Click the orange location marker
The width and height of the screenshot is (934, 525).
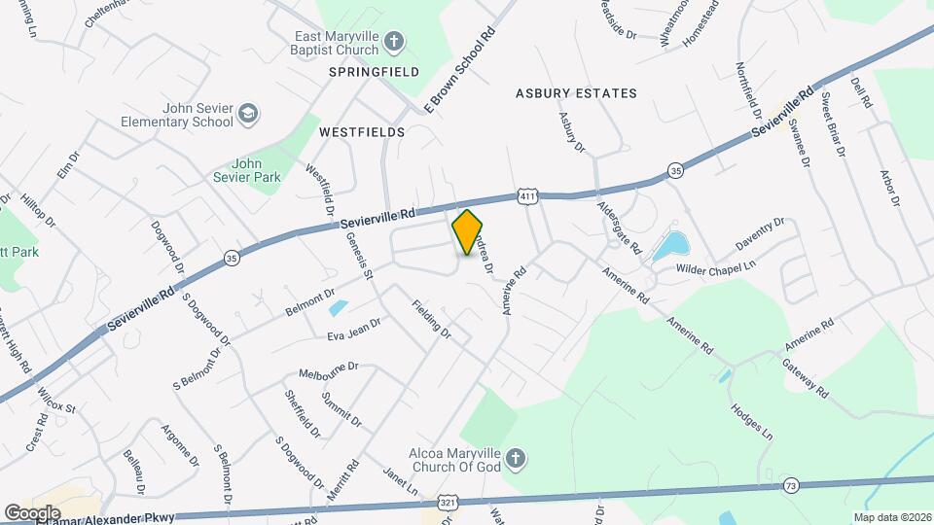click(x=468, y=231)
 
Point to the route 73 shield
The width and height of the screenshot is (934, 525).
click(x=790, y=484)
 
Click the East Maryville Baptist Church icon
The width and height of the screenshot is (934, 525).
click(x=393, y=40)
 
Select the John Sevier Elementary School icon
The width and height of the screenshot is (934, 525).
click(x=248, y=115)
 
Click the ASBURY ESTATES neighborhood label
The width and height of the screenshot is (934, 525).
click(x=576, y=93)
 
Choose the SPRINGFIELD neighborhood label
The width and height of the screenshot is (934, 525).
click(x=374, y=72)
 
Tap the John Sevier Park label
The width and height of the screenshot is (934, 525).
click(x=247, y=170)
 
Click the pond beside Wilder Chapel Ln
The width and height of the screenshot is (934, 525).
click(x=669, y=246)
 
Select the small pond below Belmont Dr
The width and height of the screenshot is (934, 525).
click(x=338, y=309)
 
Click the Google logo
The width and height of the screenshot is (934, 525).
click(x=32, y=512)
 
